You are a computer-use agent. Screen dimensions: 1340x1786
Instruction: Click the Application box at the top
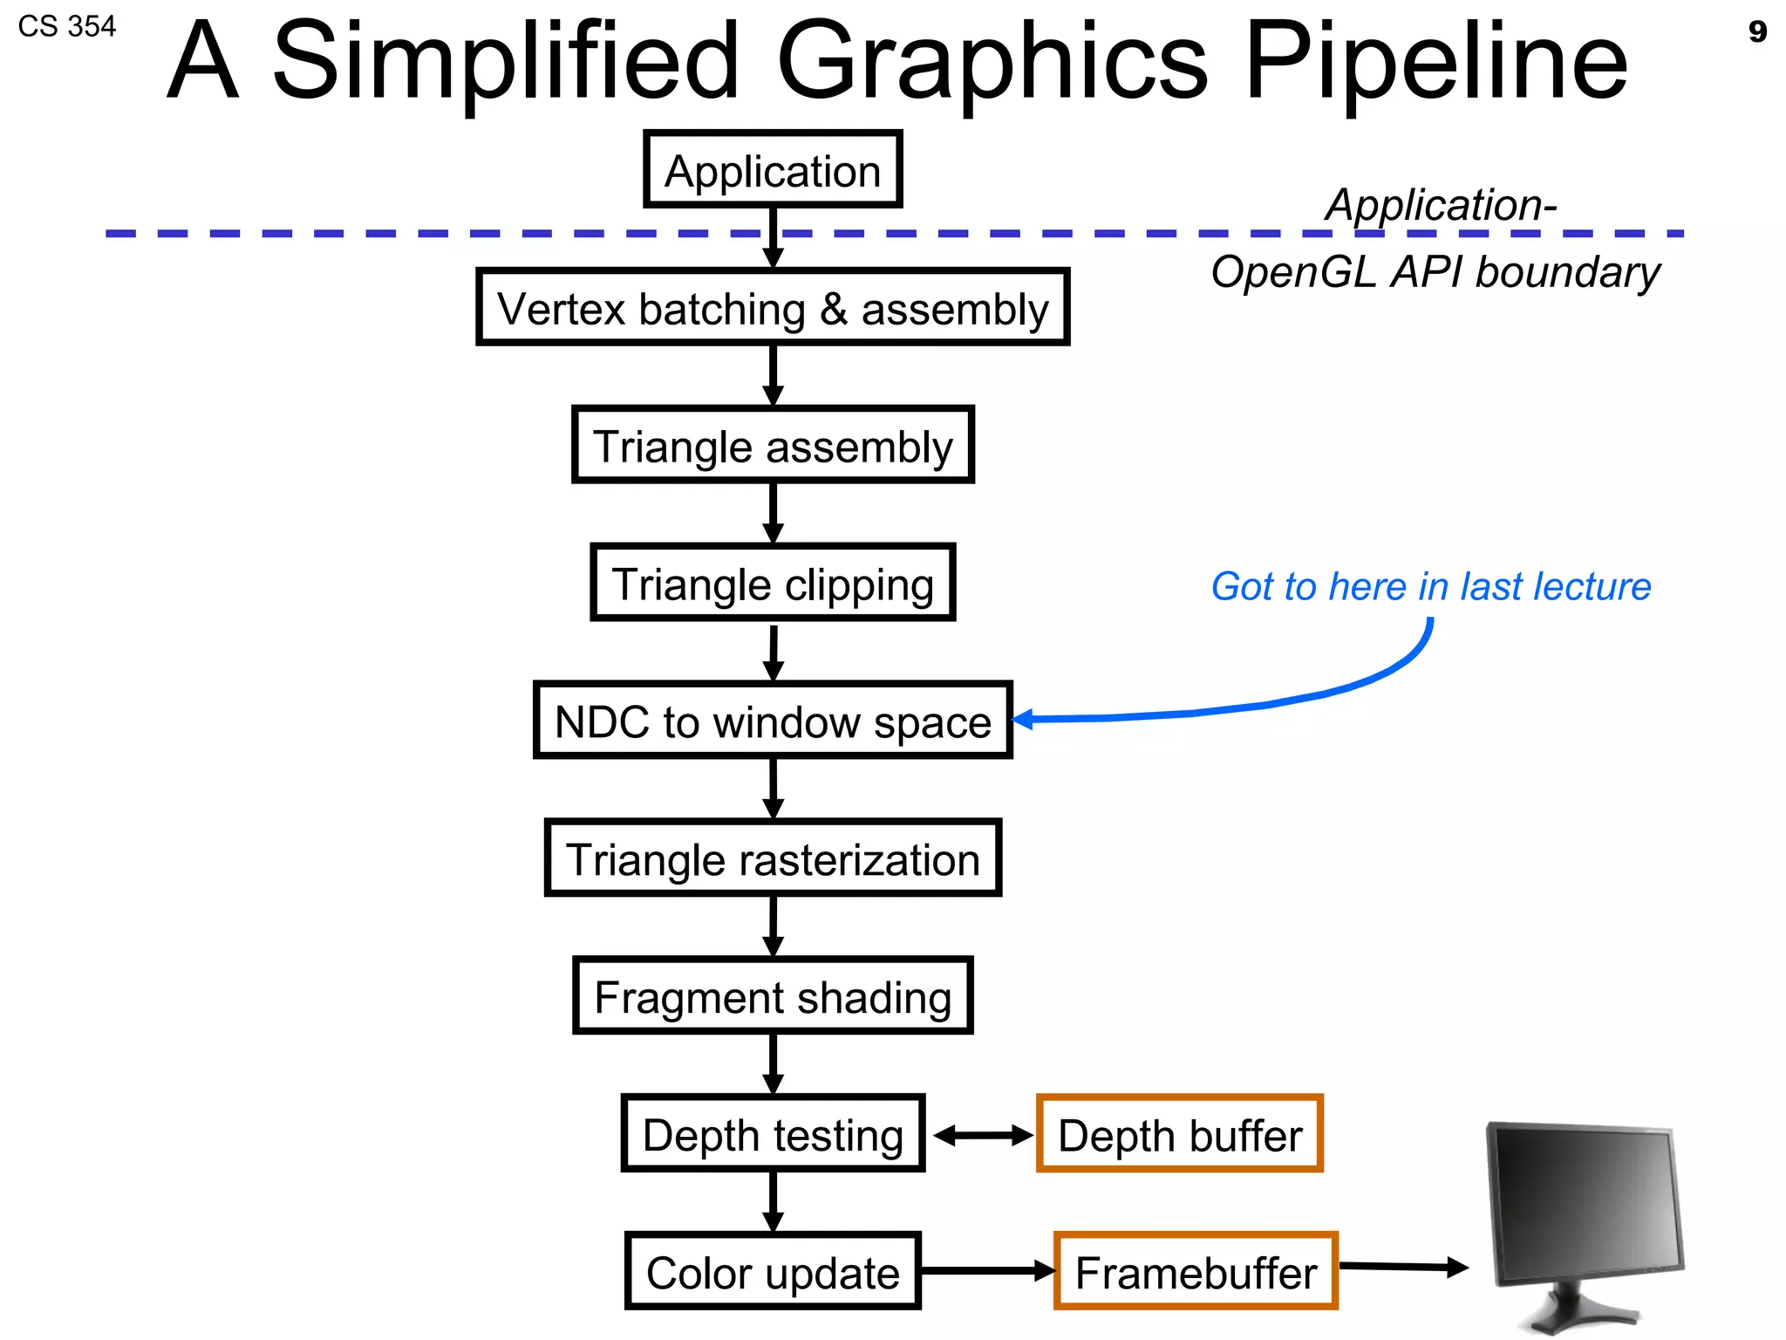(773, 170)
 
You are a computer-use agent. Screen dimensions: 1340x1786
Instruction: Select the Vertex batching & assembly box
(773, 308)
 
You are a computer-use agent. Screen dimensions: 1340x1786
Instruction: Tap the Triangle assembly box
(773, 445)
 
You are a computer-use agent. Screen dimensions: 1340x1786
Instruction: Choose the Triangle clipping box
(773, 583)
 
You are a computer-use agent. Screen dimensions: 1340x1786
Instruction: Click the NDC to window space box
(773, 721)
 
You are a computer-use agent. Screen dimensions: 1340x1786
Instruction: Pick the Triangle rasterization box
(773, 858)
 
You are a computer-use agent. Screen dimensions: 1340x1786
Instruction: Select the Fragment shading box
(773, 996)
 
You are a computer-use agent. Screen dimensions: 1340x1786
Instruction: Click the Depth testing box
(773, 1134)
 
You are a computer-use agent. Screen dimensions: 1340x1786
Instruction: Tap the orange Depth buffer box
(1180, 1134)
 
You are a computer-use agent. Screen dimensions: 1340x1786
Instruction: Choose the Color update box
(773, 1272)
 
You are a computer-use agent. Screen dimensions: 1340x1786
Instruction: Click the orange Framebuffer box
(1196, 1272)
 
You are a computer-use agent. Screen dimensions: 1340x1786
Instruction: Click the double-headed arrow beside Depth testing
(982, 1135)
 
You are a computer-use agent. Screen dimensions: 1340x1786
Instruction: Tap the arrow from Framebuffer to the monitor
(1403, 1267)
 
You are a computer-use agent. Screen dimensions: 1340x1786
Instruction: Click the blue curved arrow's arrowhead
(1022, 720)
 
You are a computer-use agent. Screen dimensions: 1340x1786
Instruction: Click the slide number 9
(1757, 32)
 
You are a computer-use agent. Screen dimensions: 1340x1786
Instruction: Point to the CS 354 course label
(67, 27)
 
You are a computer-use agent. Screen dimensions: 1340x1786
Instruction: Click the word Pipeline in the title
(1435, 61)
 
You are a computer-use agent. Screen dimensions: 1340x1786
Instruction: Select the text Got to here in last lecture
(1430, 586)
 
